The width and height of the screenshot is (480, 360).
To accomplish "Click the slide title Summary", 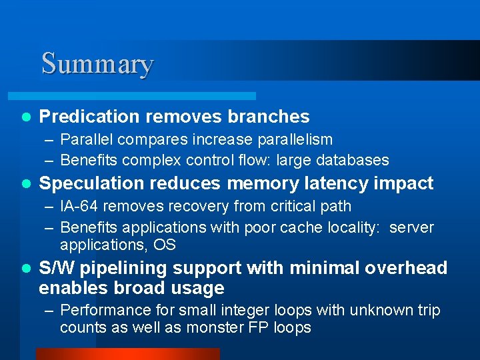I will (x=97, y=64).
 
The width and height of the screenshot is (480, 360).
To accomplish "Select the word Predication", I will (x=89, y=117).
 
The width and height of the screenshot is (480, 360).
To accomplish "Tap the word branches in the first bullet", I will (x=269, y=117).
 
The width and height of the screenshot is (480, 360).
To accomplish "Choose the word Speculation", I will (x=90, y=183).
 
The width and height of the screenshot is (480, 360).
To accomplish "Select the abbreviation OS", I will (x=164, y=245).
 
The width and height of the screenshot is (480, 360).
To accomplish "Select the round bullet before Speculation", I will (x=26, y=184).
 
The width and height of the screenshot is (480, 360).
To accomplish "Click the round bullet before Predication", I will (x=26, y=117).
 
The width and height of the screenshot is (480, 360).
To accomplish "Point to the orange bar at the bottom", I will (x=127, y=353).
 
